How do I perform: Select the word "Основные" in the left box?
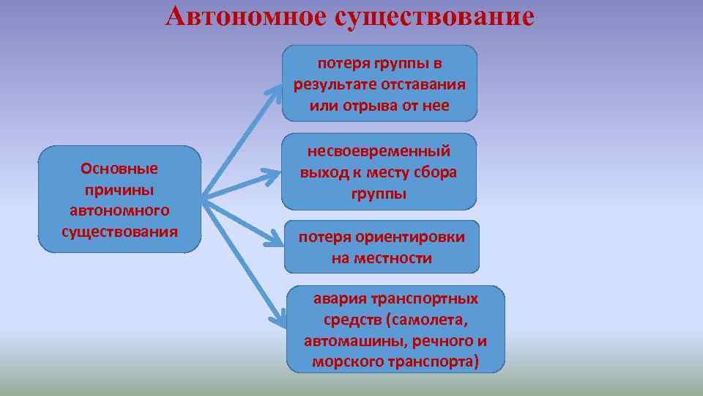click(119, 169)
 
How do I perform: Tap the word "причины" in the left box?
click(119, 190)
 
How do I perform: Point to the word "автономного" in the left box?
click(119, 211)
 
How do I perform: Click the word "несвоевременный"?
click(379, 152)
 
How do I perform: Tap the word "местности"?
click(393, 258)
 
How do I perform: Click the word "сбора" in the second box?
click(434, 173)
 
